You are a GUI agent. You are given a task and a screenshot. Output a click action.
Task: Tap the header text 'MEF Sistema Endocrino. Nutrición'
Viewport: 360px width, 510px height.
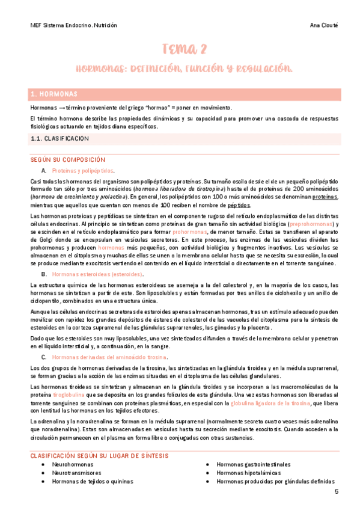73,26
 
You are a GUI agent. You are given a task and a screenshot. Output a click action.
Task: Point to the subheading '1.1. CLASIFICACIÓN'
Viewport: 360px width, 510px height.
60,138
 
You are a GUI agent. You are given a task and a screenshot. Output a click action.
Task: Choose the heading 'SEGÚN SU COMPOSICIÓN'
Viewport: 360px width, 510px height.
67,160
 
